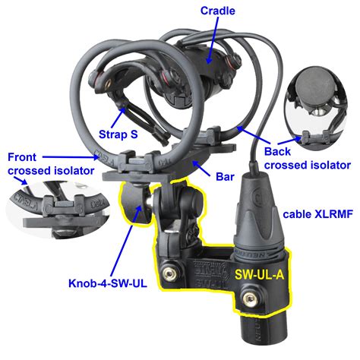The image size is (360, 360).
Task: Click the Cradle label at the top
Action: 218,11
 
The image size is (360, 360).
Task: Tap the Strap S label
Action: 118,134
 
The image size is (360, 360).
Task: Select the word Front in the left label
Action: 22,157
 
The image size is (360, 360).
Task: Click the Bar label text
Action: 225,177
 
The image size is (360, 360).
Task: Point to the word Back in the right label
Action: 277,152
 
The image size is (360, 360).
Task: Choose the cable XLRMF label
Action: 317,214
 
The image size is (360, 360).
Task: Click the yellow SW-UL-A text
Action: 260,274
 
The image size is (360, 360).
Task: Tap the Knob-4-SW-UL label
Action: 108,283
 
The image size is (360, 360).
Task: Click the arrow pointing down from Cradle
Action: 213,41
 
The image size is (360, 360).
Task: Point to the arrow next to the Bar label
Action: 201,169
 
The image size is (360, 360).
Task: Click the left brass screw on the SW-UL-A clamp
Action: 169,273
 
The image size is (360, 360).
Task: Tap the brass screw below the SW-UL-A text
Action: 251,298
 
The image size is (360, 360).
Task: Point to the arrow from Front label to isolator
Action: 71,157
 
